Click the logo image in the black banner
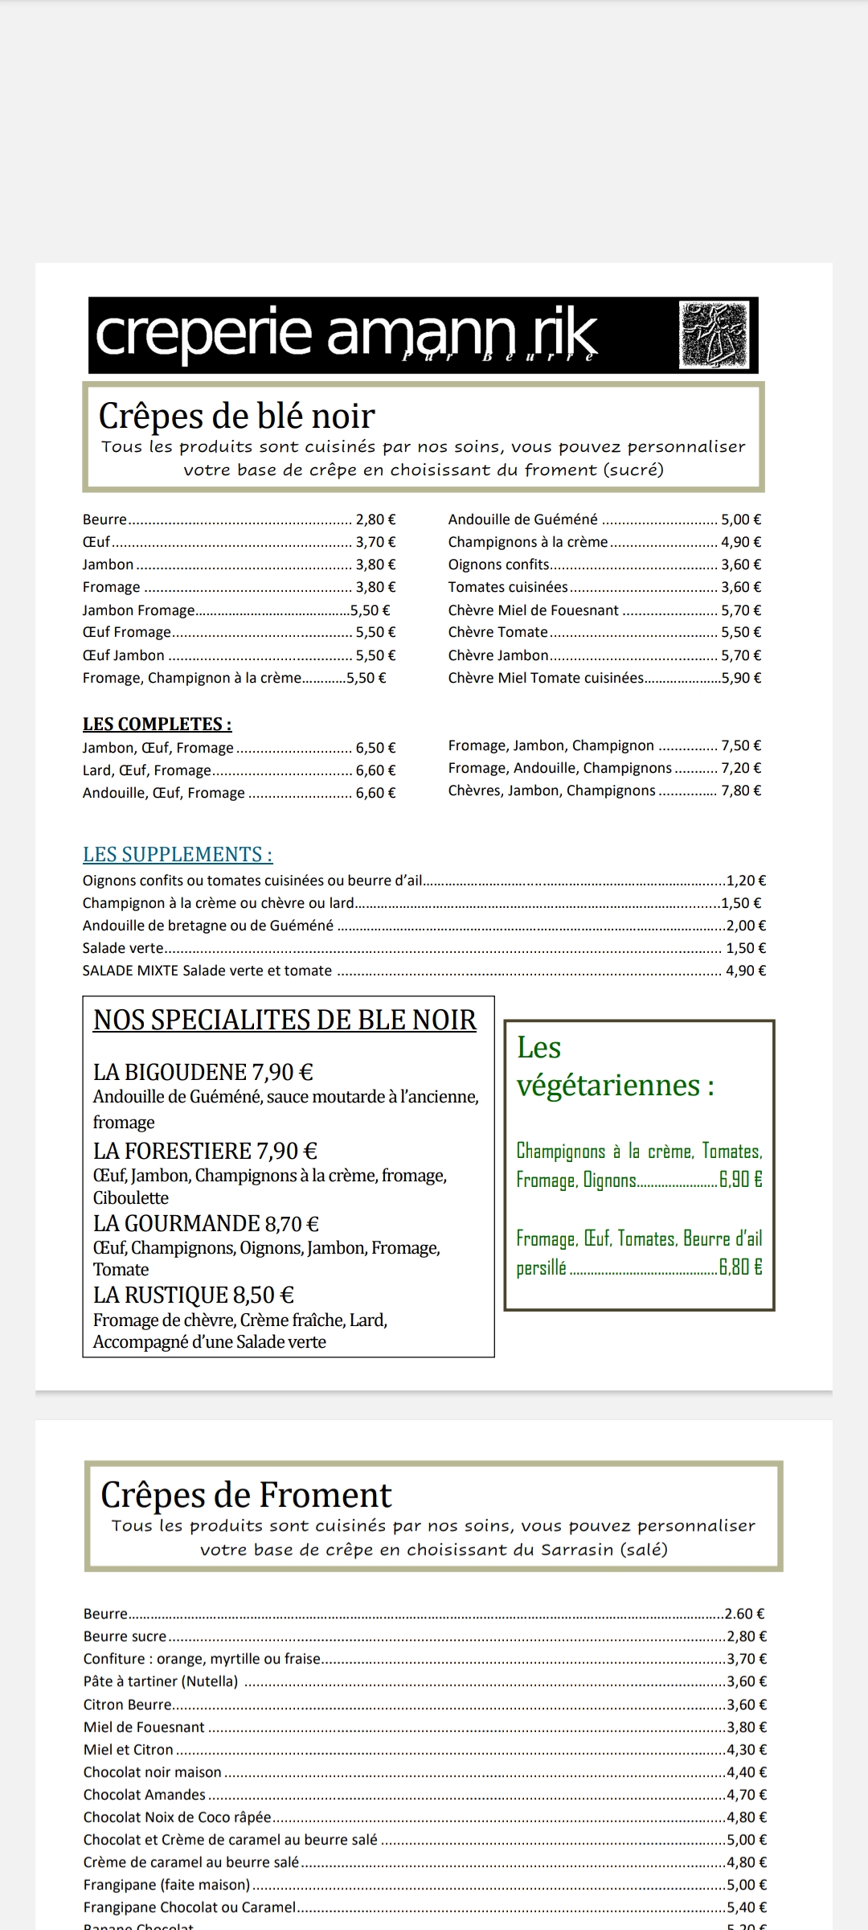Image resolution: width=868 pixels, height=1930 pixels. (714, 335)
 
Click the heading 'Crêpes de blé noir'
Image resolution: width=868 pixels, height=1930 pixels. (236, 417)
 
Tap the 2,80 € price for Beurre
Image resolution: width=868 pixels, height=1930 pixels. (375, 519)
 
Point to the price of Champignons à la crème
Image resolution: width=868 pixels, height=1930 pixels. (740, 542)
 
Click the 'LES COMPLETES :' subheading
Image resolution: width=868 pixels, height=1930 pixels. (157, 724)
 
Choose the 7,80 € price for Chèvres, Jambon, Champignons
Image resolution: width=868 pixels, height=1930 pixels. (740, 790)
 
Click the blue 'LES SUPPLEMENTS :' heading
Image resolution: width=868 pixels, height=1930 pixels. (178, 854)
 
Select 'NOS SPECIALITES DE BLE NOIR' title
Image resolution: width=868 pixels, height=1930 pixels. (285, 1020)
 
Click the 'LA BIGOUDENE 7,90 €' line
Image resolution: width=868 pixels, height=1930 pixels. (203, 1072)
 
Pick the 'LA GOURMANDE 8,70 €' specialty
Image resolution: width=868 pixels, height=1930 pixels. (206, 1223)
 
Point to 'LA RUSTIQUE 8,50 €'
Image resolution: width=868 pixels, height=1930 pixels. (193, 1295)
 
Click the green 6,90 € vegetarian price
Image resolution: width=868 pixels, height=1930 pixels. (740, 1180)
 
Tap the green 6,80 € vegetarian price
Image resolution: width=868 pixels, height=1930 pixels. (740, 1267)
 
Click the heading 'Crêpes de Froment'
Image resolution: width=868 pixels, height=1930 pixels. (246, 1495)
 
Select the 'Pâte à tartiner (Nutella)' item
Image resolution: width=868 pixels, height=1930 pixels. (161, 1681)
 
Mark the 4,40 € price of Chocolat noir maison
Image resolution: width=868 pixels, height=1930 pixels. (746, 1772)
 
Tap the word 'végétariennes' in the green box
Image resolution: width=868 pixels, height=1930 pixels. (608, 1086)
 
